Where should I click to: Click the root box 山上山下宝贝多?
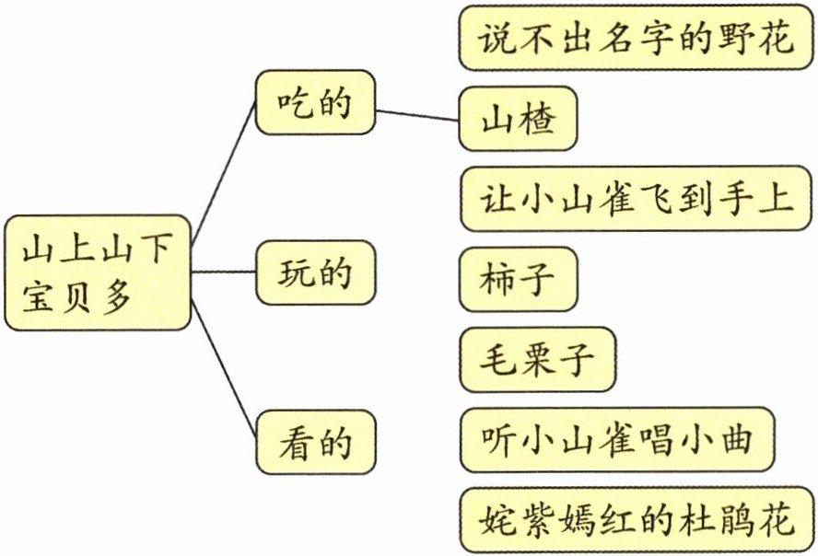97,273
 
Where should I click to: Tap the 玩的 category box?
315,273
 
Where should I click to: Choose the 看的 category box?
315,443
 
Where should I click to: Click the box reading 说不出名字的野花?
637,39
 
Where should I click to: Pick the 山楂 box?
518,119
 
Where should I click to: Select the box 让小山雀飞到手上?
637,199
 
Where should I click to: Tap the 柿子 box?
518,278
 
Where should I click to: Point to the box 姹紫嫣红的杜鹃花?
637,518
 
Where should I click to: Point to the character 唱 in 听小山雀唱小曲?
656,438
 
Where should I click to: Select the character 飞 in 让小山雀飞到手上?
656,199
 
